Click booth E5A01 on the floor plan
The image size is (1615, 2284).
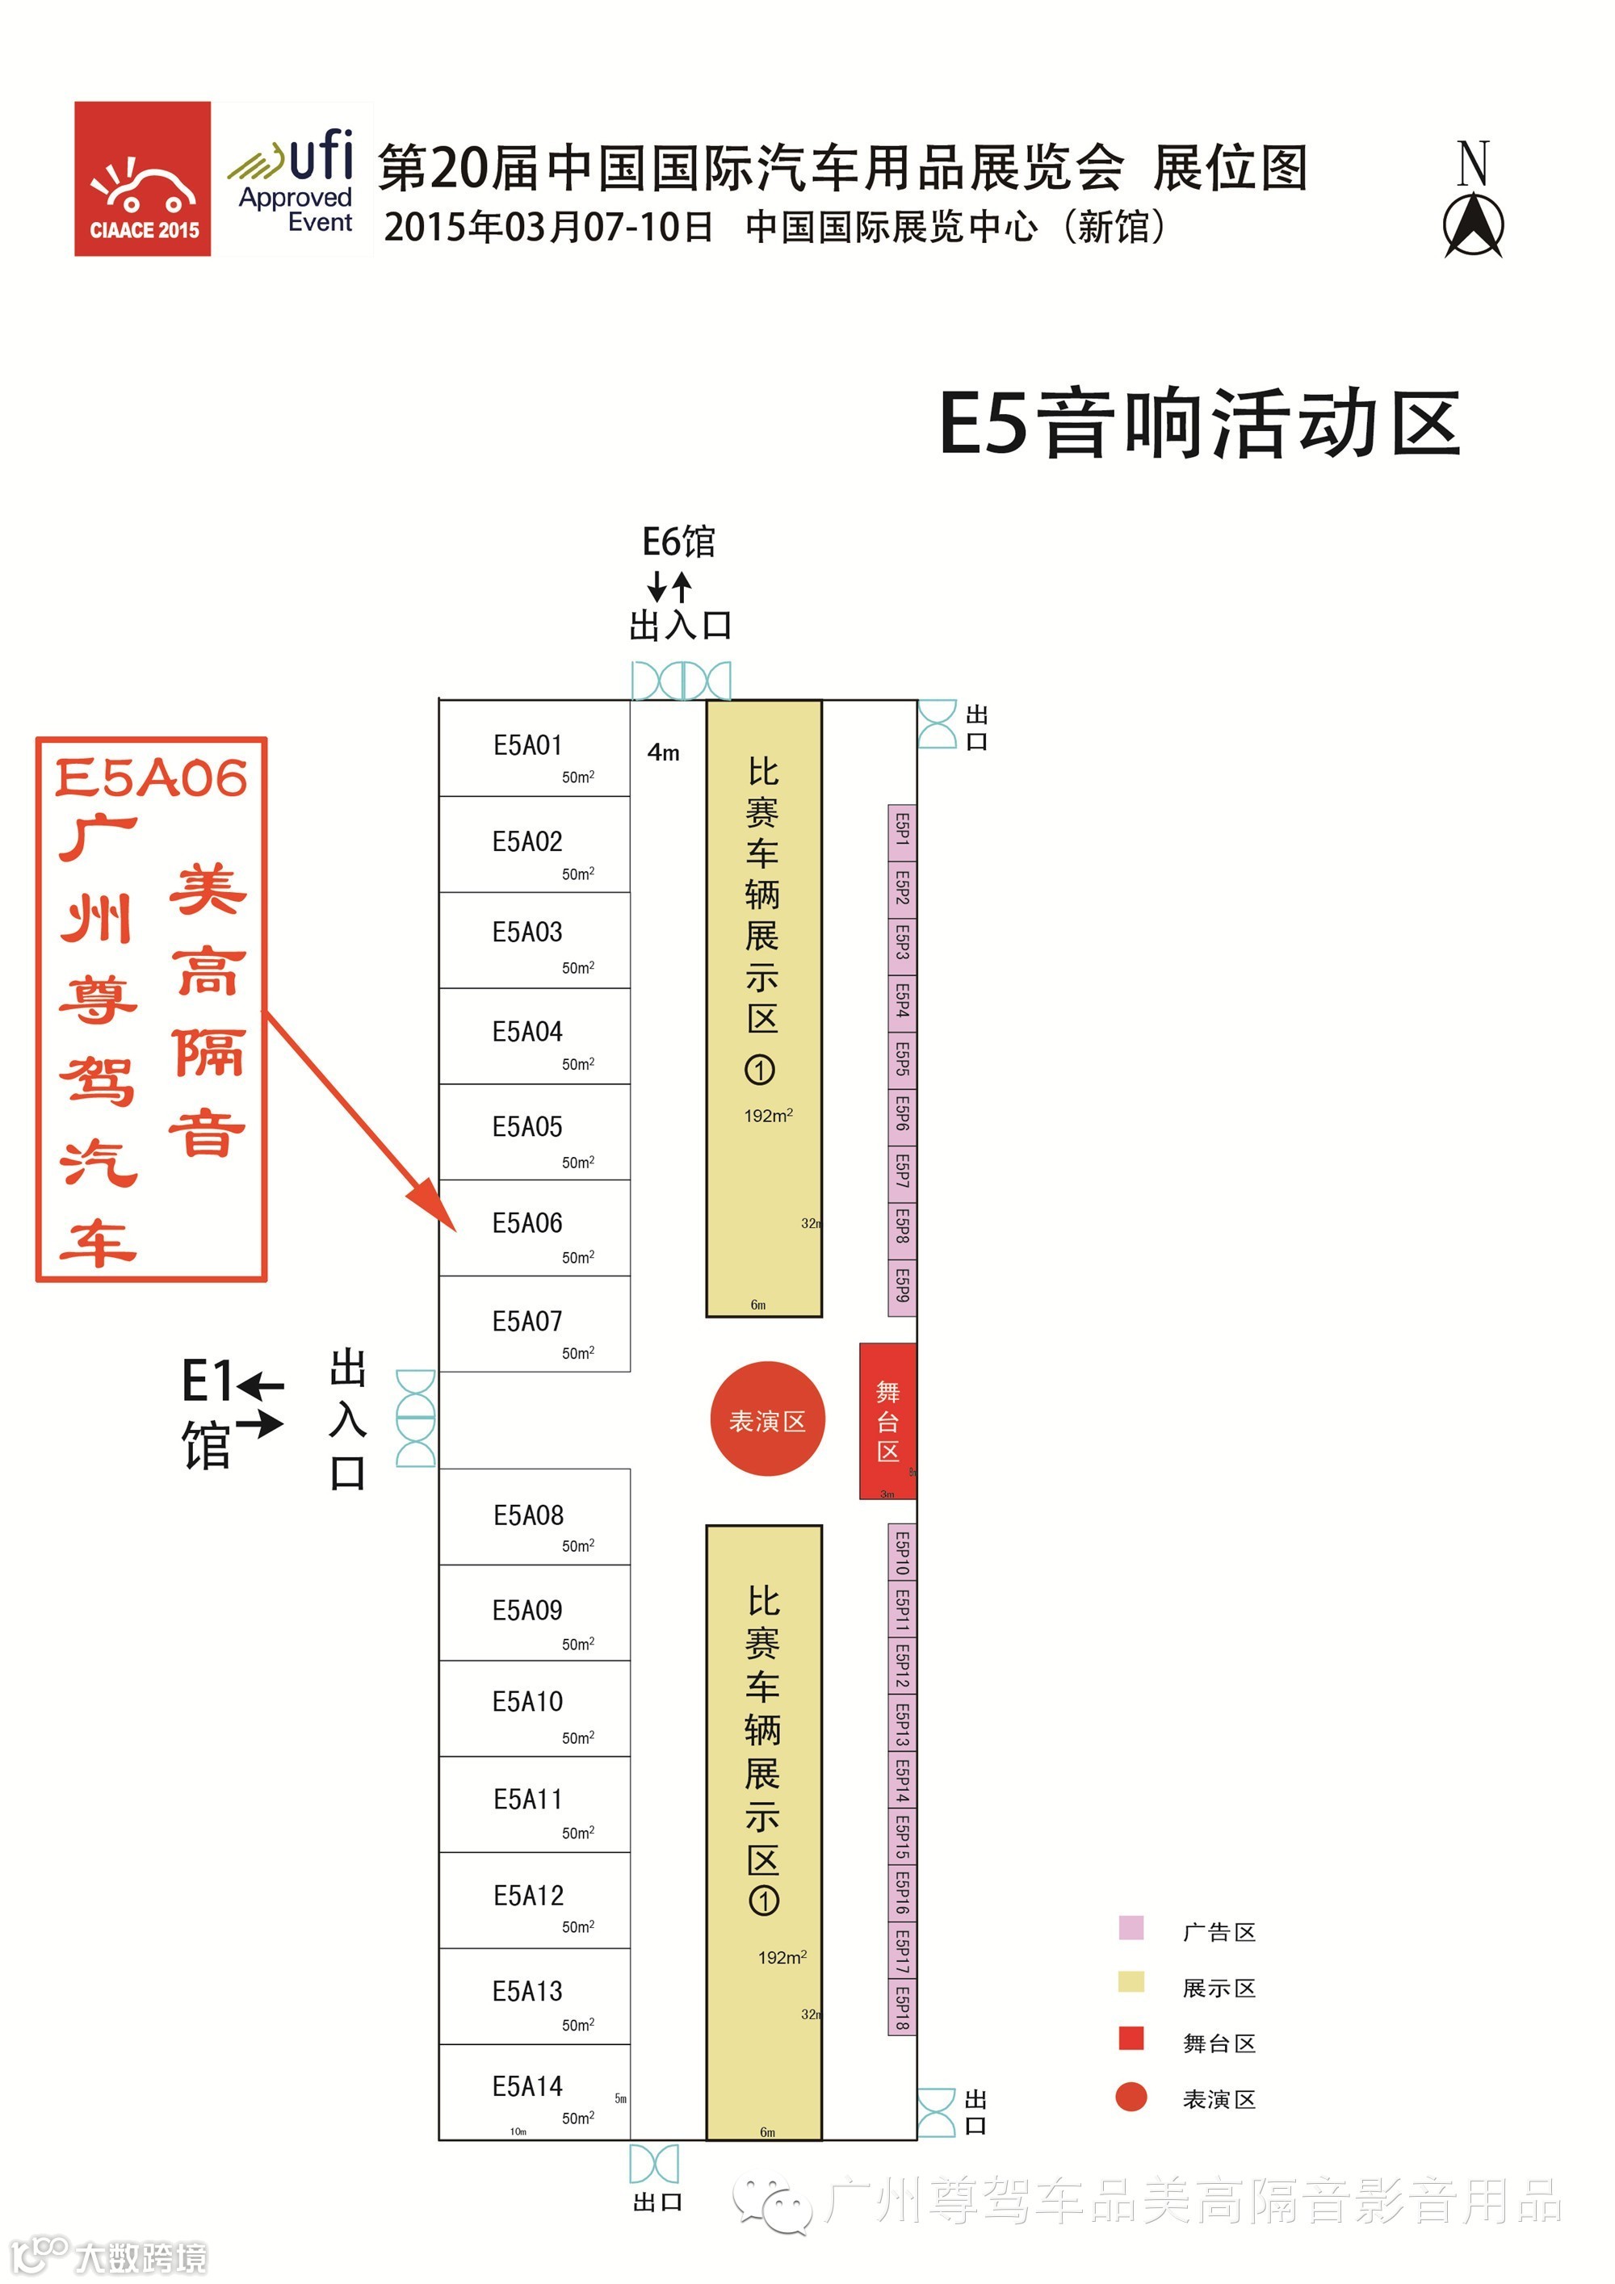[535, 748]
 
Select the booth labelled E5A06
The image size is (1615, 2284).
[535, 1227]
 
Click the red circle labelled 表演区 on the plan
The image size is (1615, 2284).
[767, 1419]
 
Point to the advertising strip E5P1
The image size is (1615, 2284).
[901, 832]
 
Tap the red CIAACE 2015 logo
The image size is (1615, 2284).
[142, 179]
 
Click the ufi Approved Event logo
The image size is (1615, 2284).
[296, 180]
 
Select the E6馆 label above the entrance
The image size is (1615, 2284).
[678, 543]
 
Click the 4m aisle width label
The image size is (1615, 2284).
[664, 753]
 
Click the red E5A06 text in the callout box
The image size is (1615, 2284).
[151, 778]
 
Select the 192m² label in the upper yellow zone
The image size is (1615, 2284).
[768, 1115]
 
